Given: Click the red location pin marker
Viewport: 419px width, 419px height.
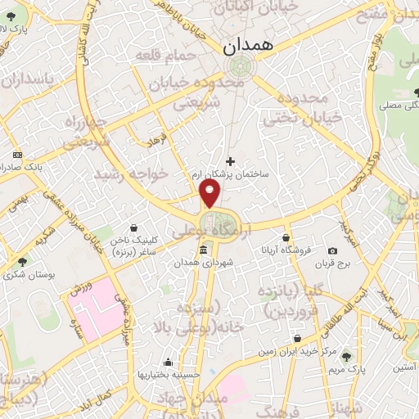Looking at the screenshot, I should tap(210, 192).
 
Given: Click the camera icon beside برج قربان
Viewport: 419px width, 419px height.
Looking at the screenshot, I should tap(332, 250).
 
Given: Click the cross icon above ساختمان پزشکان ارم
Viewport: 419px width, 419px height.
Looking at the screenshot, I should tap(230, 161).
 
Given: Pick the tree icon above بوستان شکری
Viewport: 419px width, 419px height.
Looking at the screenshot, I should tap(22, 263).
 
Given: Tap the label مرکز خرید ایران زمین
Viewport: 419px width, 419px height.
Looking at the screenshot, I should tap(299, 351).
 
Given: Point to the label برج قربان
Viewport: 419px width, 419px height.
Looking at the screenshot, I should tap(333, 264).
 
